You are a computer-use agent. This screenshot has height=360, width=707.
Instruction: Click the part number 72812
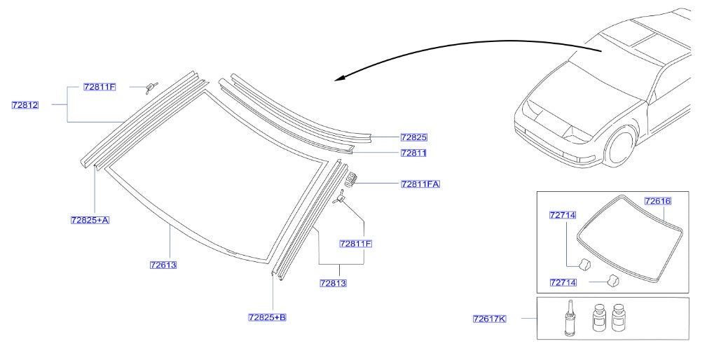25,105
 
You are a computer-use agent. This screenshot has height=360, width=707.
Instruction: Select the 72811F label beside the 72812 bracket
99,87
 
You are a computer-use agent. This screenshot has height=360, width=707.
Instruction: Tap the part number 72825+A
90,220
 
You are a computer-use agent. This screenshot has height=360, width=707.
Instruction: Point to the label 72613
163,265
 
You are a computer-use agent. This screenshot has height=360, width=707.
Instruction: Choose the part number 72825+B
267,317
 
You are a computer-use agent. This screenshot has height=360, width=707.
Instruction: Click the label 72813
333,283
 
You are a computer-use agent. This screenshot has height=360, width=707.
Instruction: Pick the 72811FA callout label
420,184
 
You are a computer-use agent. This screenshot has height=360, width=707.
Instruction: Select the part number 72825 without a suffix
413,137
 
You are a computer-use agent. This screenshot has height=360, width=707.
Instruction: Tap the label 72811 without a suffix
413,152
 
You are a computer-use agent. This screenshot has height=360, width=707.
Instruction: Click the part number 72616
657,201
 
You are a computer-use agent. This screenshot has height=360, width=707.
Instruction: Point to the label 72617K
488,319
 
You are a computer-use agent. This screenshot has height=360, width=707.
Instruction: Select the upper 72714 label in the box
562,215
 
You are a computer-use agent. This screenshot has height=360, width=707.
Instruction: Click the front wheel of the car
621,147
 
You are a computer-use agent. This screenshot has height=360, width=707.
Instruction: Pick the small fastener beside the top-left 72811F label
150,87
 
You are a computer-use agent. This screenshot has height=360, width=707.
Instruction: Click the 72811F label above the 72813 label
355,244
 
